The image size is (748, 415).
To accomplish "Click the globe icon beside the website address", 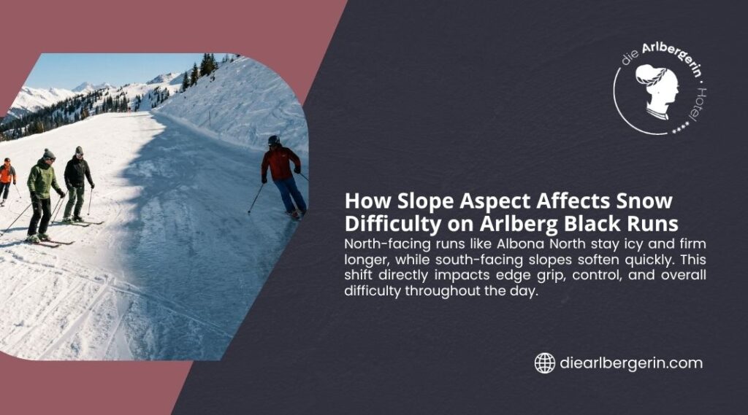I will pos(544,362).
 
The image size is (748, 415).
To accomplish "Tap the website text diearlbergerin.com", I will pos(630,362).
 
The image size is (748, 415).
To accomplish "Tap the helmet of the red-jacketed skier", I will pos(274,140).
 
